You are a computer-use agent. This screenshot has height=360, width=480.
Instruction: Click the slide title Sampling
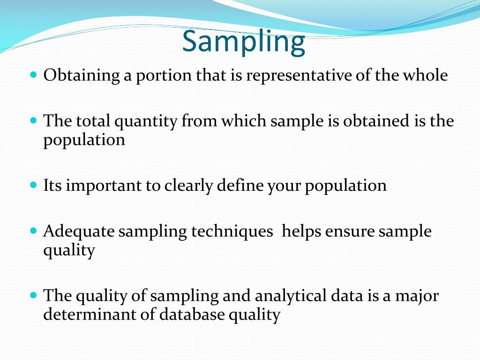[x=243, y=42]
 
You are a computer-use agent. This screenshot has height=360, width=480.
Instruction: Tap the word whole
[x=425, y=75]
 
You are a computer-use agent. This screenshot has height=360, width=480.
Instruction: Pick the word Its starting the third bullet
[x=52, y=185]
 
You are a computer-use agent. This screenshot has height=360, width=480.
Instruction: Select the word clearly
[x=188, y=186]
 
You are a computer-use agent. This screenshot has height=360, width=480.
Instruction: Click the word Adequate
[x=79, y=232]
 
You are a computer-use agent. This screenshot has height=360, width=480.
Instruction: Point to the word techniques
[x=233, y=232]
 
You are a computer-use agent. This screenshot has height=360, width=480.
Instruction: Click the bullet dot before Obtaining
[x=33, y=75]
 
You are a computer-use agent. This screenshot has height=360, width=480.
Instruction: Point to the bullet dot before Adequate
[x=33, y=231]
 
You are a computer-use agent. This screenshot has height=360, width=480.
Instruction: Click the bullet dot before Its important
[x=33, y=185]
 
